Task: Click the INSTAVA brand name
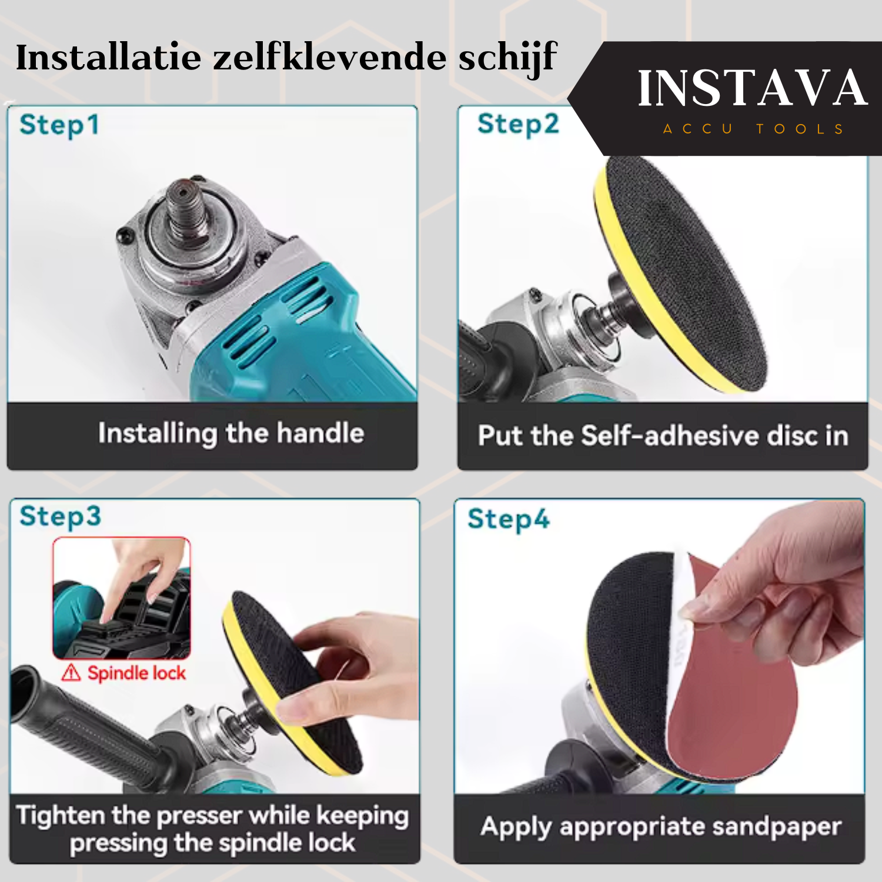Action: (x=752, y=88)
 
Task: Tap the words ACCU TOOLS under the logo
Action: (x=753, y=129)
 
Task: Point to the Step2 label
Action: (x=518, y=125)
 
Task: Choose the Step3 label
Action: (x=60, y=517)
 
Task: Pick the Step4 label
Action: (x=509, y=519)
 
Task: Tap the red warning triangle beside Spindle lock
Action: (x=71, y=672)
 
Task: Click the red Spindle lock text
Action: (x=136, y=673)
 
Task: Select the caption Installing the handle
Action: (x=231, y=433)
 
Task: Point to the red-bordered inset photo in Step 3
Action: (x=122, y=598)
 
